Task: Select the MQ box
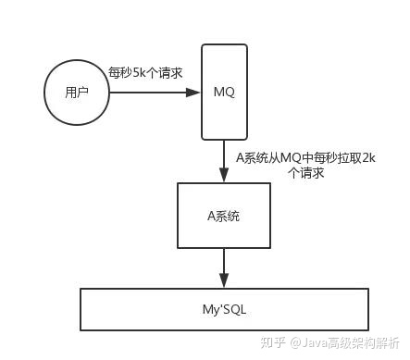click(x=224, y=93)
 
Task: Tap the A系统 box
click(x=224, y=215)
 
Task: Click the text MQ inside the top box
click(x=224, y=93)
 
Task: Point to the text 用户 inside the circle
click(x=77, y=93)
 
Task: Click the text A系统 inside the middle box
click(x=224, y=215)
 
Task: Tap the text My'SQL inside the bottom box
click(x=224, y=308)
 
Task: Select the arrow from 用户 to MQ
click(x=153, y=93)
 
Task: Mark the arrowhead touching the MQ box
click(x=194, y=93)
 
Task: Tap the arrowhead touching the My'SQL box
click(x=224, y=282)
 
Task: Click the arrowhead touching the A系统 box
click(x=224, y=176)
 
